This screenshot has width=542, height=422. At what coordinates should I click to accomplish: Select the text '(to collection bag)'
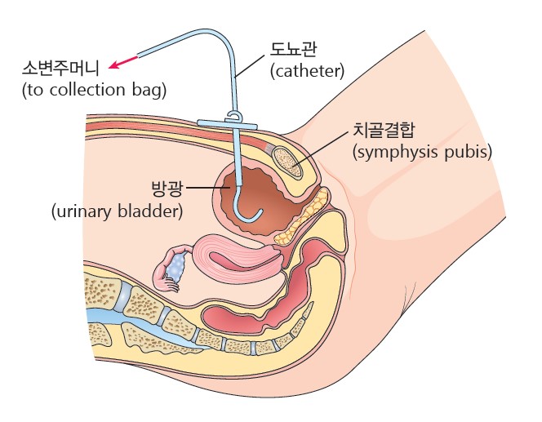pyautogui.click(x=94, y=89)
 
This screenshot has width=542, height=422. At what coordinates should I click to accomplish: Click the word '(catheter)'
pyautogui.click(x=307, y=73)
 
